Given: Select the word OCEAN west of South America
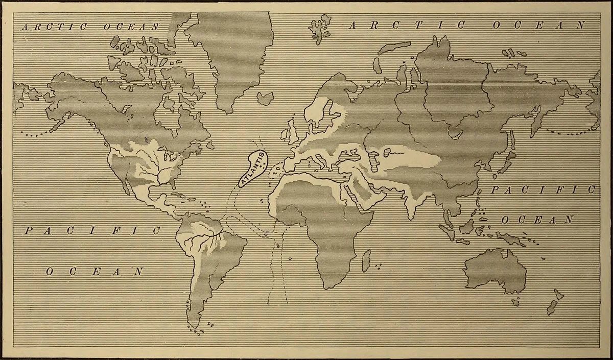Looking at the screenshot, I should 95,272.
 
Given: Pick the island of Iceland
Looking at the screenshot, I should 266,98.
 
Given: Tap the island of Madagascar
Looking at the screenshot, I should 366,260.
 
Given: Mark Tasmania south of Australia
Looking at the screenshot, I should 516,302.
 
